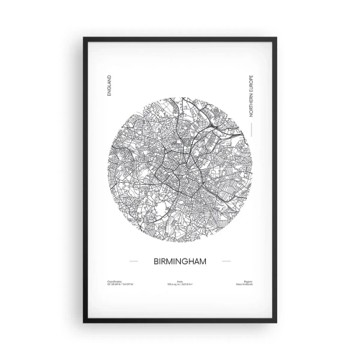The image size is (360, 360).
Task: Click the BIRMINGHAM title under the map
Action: click(179, 261)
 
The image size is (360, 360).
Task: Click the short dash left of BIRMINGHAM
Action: click(132, 261)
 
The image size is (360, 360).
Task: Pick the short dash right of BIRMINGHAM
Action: click(226, 261)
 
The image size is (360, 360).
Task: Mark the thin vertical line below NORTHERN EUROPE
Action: click(250, 128)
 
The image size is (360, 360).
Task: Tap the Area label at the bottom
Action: click(179, 282)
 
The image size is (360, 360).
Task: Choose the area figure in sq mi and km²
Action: click(179, 286)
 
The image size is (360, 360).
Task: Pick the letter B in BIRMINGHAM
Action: click(153, 261)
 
